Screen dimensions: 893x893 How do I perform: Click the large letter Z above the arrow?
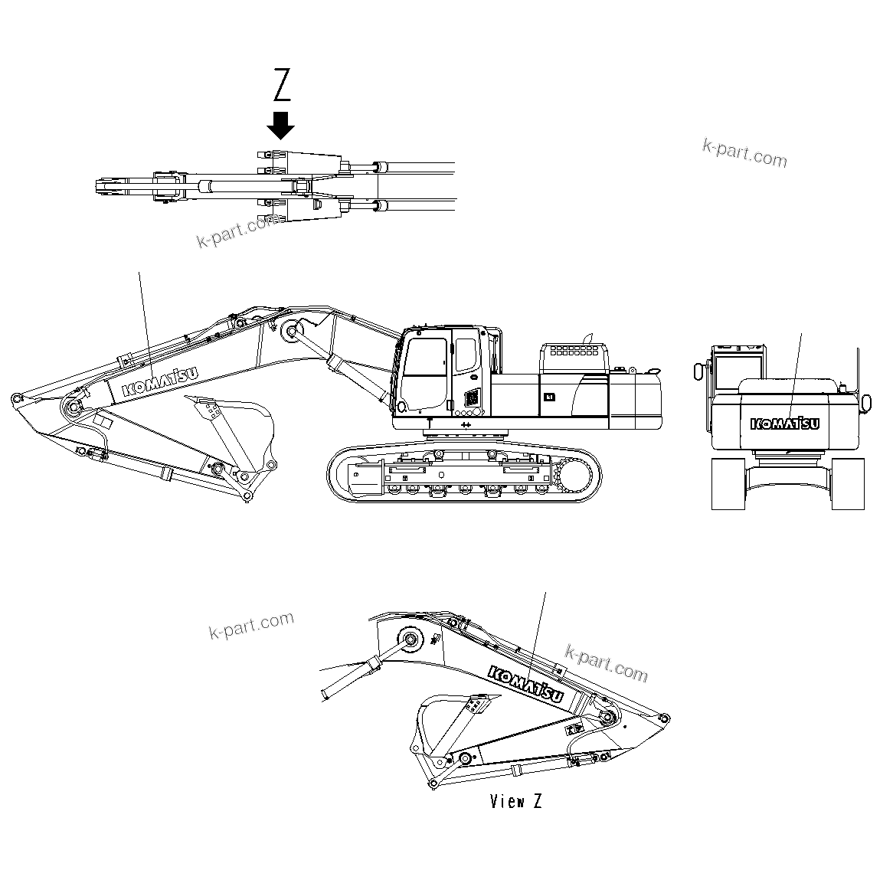(x=283, y=85)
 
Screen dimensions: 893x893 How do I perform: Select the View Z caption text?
(x=517, y=802)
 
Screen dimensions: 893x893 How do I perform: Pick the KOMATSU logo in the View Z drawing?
(x=526, y=683)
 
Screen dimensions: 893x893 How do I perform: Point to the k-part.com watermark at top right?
(x=744, y=152)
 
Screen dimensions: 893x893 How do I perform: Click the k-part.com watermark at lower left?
(x=251, y=625)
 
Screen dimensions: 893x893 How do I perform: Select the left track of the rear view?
(x=729, y=482)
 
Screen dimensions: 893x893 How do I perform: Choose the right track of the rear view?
(x=848, y=482)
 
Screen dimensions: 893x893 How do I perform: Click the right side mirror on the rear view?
(x=866, y=402)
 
